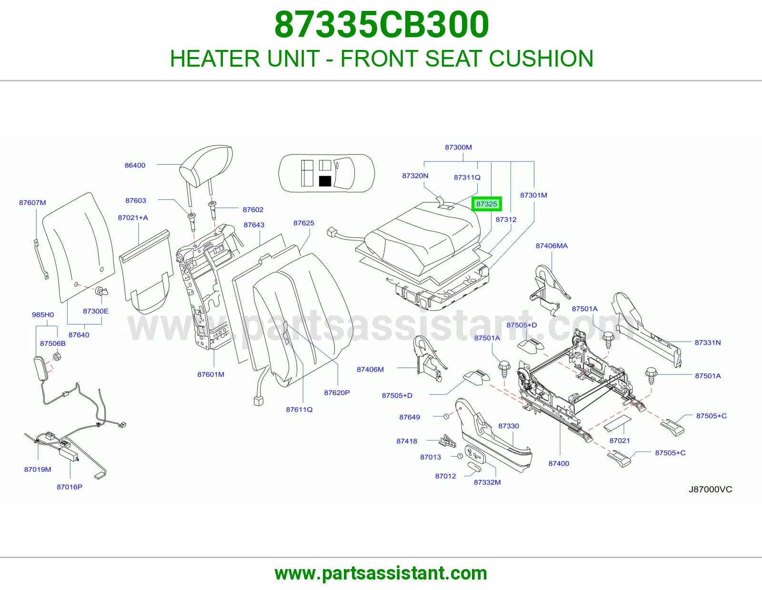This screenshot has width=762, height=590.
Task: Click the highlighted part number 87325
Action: pyautogui.click(x=486, y=204)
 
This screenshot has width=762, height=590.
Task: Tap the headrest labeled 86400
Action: pyautogui.click(x=206, y=167)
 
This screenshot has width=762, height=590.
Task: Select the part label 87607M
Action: pyautogui.click(x=32, y=203)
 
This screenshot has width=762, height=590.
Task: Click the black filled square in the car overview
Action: pyautogui.click(x=325, y=181)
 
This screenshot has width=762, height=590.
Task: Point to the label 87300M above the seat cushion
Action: pyautogui.click(x=458, y=147)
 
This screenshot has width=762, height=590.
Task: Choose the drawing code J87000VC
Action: pyautogui.click(x=711, y=490)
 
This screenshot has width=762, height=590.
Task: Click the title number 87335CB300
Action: pyautogui.click(x=381, y=25)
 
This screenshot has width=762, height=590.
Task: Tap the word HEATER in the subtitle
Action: pyautogui.click(x=215, y=59)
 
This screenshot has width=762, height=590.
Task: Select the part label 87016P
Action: pyautogui.click(x=70, y=487)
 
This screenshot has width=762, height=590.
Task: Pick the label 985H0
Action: pyautogui.click(x=43, y=315)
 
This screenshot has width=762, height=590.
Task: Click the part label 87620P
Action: pyautogui.click(x=337, y=393)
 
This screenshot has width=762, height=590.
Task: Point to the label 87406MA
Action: pyautogui.click(x=551, y=246)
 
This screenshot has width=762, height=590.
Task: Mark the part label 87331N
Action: pyautogui.click(x=708, y=343)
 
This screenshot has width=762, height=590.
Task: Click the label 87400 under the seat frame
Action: pyautogui.click(x=559, y=463)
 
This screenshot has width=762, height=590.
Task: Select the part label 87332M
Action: pyautogui.click(x=487, y=482)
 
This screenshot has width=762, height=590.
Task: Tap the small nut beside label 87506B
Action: pyautogui.click(x=57, y=357)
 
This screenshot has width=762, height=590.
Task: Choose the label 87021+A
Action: pyautogui.click(x=133, y=218)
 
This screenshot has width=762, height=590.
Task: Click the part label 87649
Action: pyautogui.click(x=409, y=417)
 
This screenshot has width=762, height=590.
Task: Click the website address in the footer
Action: pyautogui.click(x=381, y=573)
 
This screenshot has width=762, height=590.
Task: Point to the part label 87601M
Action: pyautogui.click(x=211, y=374)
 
